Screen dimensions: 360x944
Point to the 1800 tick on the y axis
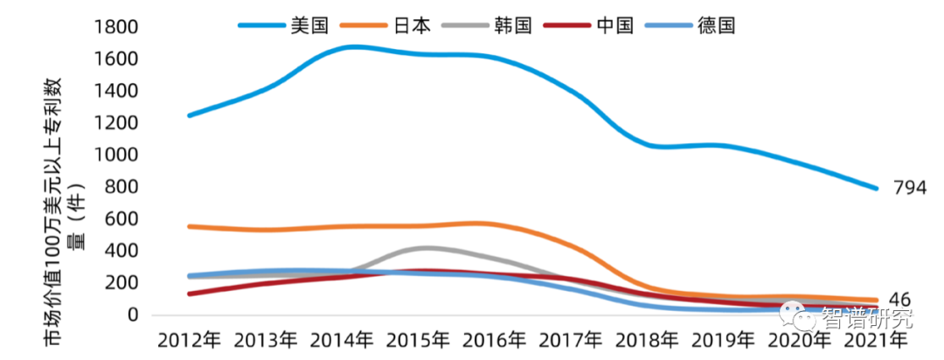coord(120,27)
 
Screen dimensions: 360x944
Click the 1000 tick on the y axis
coord(120,155)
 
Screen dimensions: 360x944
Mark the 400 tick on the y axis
coord(126,251)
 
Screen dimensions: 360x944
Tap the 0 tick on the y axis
coord(135,315)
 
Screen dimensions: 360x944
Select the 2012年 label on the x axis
coord(190,338)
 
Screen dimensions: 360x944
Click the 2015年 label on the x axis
coord(419,338)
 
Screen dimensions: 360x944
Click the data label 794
coord(909,188)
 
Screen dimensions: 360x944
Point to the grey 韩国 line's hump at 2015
coord(425,248)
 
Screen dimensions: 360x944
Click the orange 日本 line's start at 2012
coord(191,226)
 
